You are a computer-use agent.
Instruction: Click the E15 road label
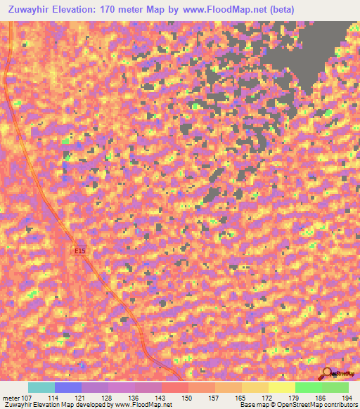[x=80, y=249]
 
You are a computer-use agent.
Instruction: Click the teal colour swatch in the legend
[x=41, y=387]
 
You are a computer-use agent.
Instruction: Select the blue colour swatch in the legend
[x=68, y=387]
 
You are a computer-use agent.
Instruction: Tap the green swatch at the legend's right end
[x=335, y=387]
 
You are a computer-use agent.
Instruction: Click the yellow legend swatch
[x=282, y=387]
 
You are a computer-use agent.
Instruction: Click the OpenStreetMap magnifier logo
[x=328, y=375]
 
